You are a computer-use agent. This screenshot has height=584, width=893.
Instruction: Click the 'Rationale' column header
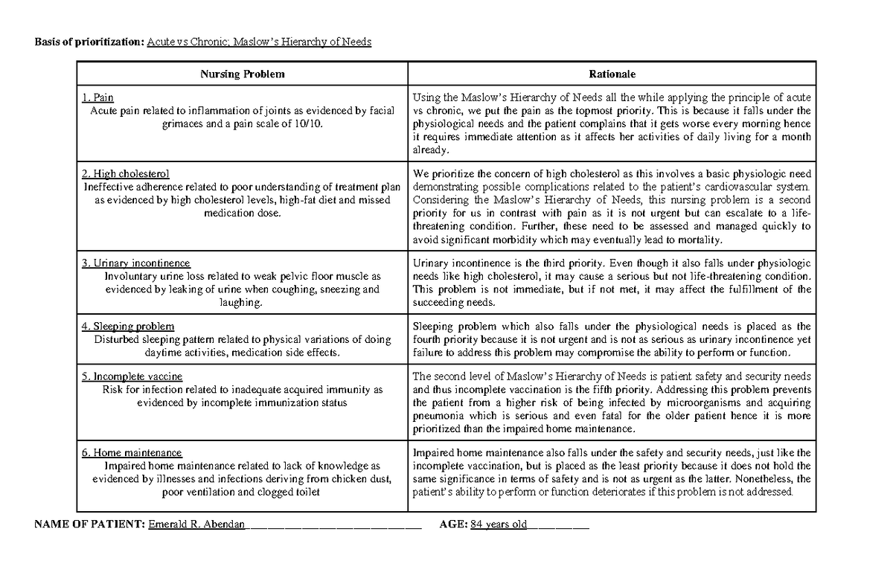[612, 74]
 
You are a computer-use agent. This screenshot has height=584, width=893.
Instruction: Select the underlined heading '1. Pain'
[98, 97]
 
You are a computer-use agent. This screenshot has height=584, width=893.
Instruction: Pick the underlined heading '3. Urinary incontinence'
[136, 263]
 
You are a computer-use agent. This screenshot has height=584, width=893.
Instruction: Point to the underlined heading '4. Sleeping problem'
[128, 326]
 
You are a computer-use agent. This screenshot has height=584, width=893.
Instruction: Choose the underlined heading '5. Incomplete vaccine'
[132, 376]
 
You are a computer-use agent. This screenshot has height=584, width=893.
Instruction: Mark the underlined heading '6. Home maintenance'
[132, 452]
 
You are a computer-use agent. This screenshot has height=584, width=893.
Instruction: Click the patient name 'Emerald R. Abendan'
[197, 524]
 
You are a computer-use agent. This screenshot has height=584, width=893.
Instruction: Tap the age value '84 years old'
[503, 524]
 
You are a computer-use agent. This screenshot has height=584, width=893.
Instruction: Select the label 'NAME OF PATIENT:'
[89, 524]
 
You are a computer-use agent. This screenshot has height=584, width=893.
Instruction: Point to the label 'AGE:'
[453, 524]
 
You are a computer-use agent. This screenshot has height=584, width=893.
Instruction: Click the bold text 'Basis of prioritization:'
[89, 42]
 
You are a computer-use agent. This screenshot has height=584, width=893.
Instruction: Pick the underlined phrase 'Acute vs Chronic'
[188, 42]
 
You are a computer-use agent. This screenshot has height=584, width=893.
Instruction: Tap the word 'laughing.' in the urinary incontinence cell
[242, 303]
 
